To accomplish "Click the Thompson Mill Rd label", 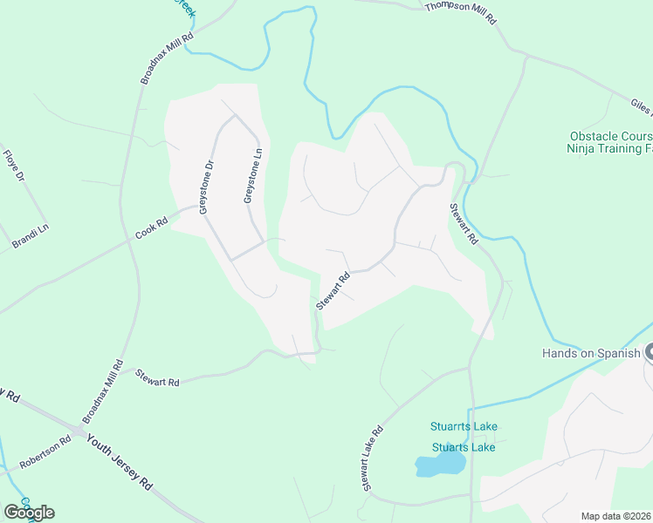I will (x=460, y=11).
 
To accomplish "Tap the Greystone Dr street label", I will (x=207, y=187).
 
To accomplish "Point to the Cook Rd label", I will (x=151, y=228).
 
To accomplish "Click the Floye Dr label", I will (x=12, y=166).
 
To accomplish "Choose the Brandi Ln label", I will (x=31, y=235).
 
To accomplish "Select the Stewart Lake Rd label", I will (x=373, y=458).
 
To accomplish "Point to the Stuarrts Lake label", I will (x=464, y=426).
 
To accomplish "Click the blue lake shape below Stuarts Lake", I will (x=440, y=465).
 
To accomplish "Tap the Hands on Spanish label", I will (x=591, y=353).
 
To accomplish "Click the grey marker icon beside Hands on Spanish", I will (x=649, y=353).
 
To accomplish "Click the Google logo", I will (x=29, y=512).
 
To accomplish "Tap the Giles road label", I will (x=640, y=107).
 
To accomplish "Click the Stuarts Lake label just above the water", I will (x=464, y=447).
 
